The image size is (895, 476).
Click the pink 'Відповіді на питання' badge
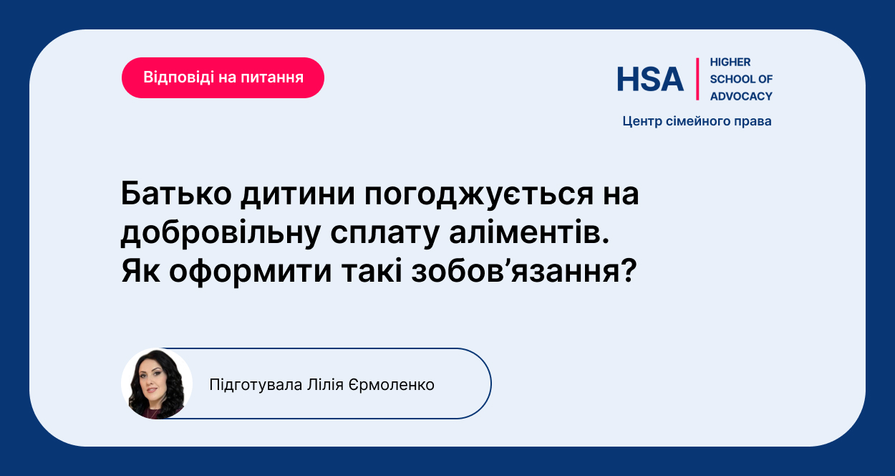[223, 77]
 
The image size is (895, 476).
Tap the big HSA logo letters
[650, 79]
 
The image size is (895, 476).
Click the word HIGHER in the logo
[730, 62]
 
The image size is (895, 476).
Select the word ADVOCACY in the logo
[741, 96]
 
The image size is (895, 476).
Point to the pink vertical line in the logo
[697, 79]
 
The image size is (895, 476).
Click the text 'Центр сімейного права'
[697, 121]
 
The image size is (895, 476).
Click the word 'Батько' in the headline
[176, 194]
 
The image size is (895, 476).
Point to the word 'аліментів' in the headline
[529, 232]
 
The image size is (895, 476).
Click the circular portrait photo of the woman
[157, 384]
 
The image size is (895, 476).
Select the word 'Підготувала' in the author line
[256, 385]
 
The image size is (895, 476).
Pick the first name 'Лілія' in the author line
[325, 385]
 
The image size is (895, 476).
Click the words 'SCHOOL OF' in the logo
[741, 79]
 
